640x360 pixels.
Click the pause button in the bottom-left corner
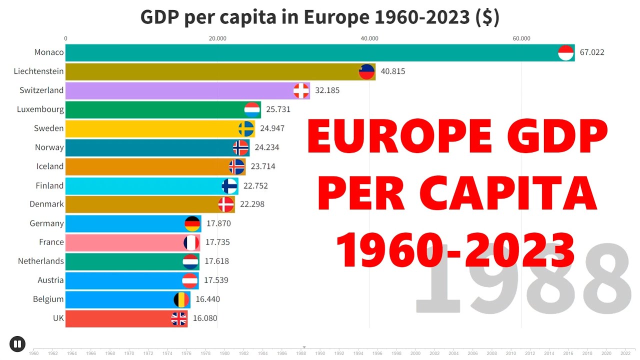(17, 343)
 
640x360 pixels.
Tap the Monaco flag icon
(566, 52)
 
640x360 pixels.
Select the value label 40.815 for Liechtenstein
(392, 71)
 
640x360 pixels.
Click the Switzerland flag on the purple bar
(301, 90)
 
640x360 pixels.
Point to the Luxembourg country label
(40, 109)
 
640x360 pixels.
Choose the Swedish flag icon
(246, 128)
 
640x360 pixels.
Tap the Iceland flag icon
(237, 166)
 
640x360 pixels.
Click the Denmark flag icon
(226, 204)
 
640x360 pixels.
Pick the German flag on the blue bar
(192, 223)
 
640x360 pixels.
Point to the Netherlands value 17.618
(216, 261)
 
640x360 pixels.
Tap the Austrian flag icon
(190, 280)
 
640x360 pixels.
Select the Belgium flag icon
(181, 299)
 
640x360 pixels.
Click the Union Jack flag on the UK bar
(179, 318)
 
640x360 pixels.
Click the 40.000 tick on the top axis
(369, 38)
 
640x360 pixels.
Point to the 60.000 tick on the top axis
(521, 38)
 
